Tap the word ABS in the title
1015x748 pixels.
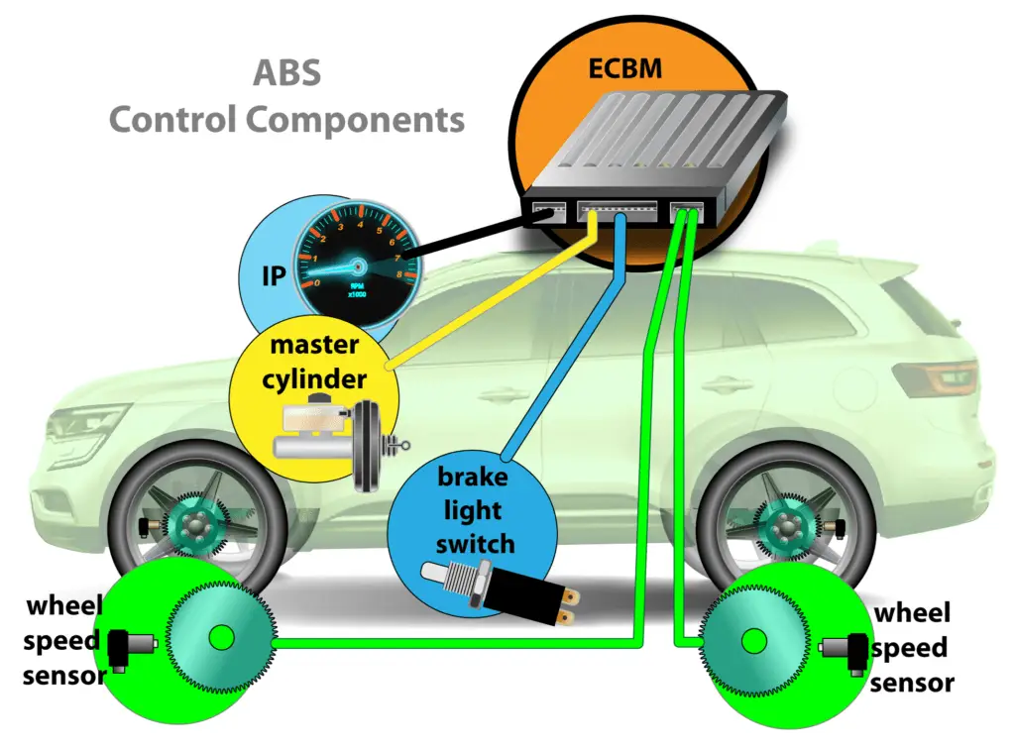286,75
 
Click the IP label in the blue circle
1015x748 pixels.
273,275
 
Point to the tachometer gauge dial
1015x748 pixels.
352,262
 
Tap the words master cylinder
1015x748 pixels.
314,363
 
